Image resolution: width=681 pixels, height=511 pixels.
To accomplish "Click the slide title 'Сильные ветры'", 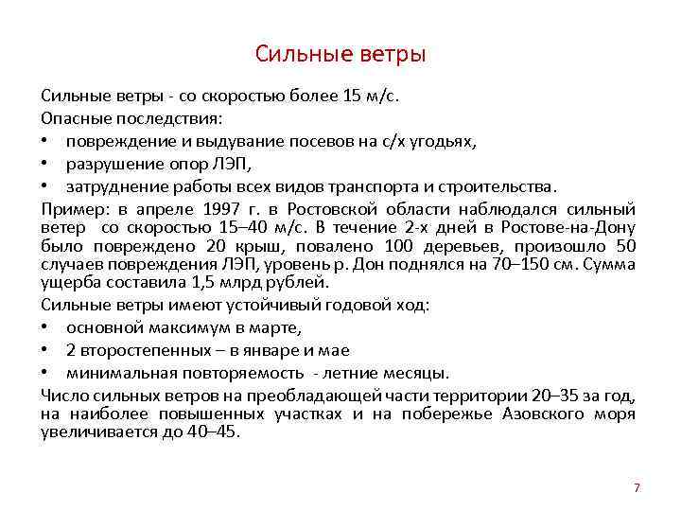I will (340, 54).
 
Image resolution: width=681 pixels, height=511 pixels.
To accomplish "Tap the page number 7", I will (637, 488).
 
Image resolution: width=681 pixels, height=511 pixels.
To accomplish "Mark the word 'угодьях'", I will (444, 142).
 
